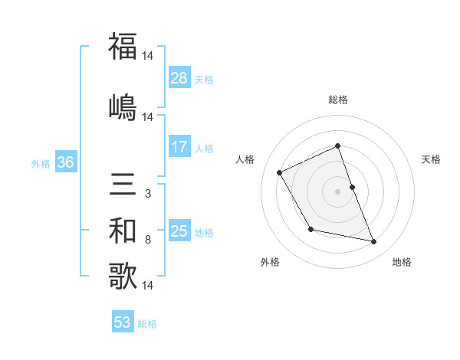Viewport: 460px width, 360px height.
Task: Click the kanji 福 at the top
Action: (x=123, y=47)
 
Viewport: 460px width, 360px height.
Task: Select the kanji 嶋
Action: (x=123, y=106)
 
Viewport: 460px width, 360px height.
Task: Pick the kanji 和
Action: (x=123, y=230)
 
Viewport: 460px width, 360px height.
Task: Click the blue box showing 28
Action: (x=179, y=77)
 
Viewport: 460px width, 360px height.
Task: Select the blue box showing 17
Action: (x=179, y=147)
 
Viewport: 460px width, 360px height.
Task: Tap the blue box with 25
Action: (x=179, y=231)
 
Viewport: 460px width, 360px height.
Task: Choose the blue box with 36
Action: (x=65, y=162)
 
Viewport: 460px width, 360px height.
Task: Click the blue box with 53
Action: (x=123, y=322)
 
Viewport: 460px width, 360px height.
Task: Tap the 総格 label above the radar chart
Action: (x=338, y=100)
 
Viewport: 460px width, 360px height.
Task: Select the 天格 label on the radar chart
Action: (x=432, y=159)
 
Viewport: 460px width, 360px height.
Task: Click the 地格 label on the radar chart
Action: (x=402, y=262)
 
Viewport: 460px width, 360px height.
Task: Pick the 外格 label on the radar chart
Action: (x=270, y=262)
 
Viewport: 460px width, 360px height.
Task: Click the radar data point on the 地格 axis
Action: (x=374, y=242)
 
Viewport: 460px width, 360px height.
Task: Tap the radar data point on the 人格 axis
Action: (x=280, y=172)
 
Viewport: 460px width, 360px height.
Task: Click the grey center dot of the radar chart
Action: (x=338, y=191)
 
